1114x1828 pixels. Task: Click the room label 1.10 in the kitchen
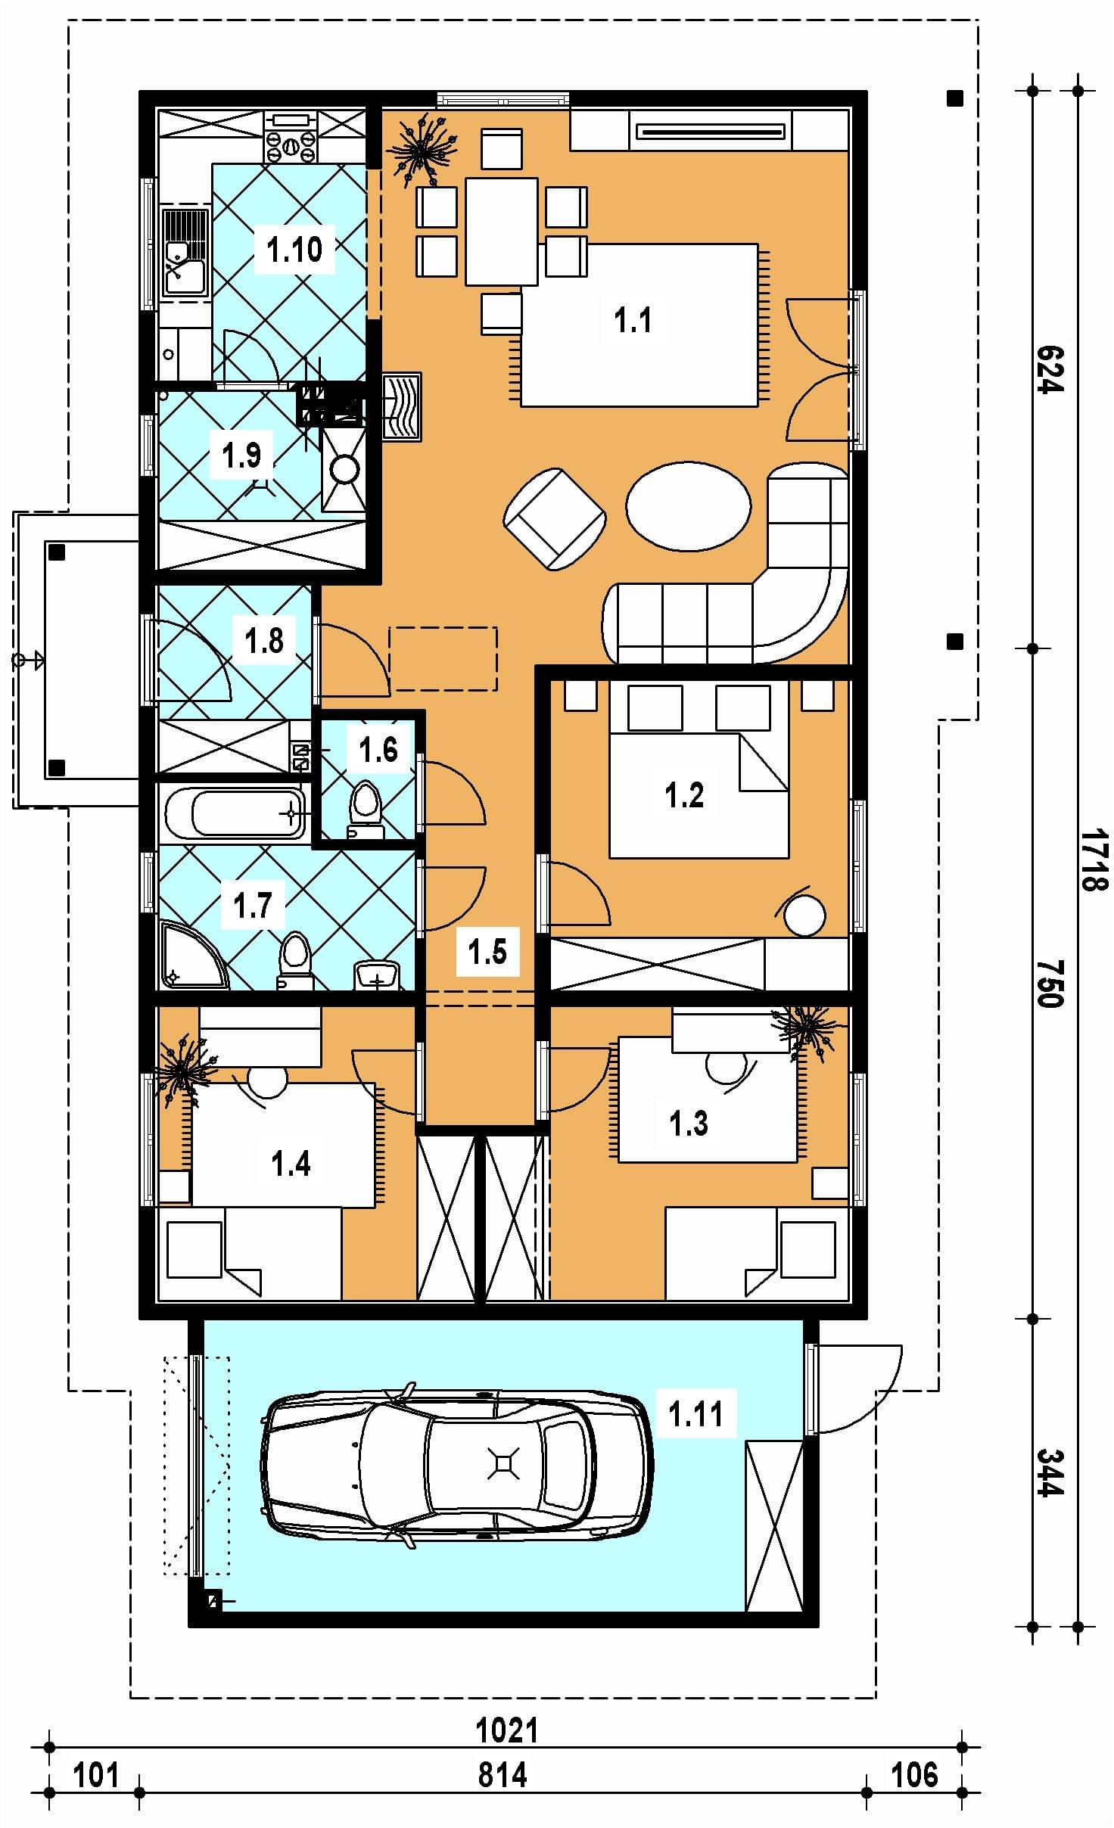coord(294,249)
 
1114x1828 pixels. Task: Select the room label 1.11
coord(695,1413)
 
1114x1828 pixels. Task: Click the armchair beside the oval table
coord(555,518)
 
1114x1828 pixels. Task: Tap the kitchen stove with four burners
coord(291,137)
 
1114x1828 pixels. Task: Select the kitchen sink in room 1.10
coord(185,252)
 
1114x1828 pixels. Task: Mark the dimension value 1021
coord(507,1730)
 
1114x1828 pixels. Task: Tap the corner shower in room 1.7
coord(191,954)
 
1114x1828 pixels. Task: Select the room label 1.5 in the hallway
coord(487,952)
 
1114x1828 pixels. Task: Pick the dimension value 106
coord(914,1774)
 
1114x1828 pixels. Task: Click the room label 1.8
coord(263,640)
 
